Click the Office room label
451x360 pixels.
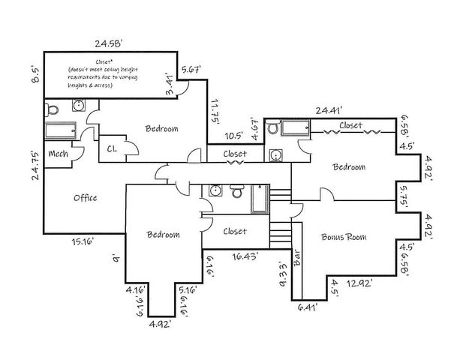[x=85, y=198]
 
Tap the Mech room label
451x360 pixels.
[x=58, y=154]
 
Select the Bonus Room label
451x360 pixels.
[x=343, y=237]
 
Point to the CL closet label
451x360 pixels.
[x=113, y=148]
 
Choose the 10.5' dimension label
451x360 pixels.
[x=235, y=136]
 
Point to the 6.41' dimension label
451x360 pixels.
[x=305, y=307]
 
